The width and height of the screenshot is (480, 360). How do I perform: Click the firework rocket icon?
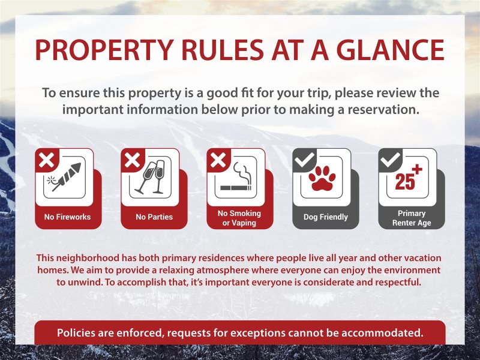tap(64, 177)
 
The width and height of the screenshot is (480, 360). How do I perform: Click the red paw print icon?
tap(322, 178)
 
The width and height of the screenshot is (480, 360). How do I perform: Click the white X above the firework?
tap(47, 160)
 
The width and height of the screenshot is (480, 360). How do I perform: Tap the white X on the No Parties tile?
tap(132, 160)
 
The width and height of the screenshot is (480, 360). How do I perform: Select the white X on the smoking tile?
tap(218, 160)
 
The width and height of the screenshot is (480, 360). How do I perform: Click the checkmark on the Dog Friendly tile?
tap(304, 159)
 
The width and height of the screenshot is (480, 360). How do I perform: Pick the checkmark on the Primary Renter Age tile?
tap(390, 159)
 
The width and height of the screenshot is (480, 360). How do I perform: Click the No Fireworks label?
tap(67, 217)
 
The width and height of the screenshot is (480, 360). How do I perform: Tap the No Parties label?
tap(154, 217)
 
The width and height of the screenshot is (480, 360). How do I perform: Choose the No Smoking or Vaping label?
tap(239, 218)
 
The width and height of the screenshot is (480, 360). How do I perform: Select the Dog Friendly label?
tap(326, 217)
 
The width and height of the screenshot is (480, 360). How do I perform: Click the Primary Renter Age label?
tap(412, 218)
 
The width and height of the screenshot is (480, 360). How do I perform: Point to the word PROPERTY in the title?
tap(104, 49)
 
